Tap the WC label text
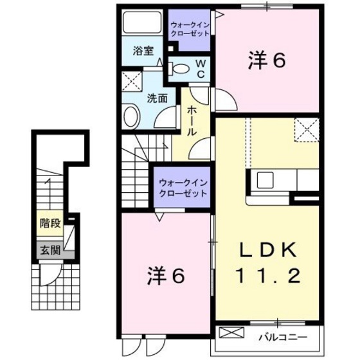coord(201,67)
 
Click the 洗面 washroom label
coord(157,98)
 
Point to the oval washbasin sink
coord(130,118)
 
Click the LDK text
coord(268,250)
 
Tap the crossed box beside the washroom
coord(132,82)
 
